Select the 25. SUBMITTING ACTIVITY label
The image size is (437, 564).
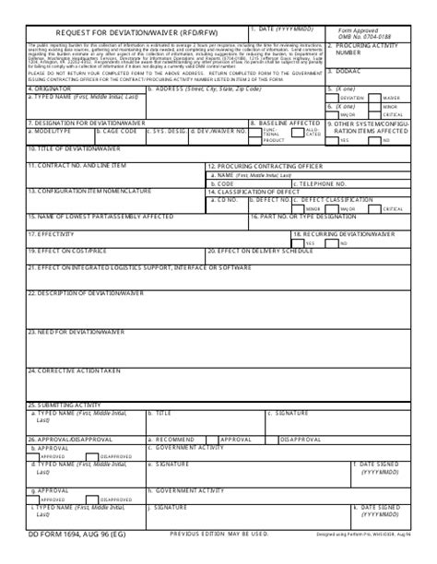tap(64, 405)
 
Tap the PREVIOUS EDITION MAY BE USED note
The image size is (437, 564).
tap(219, 533)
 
